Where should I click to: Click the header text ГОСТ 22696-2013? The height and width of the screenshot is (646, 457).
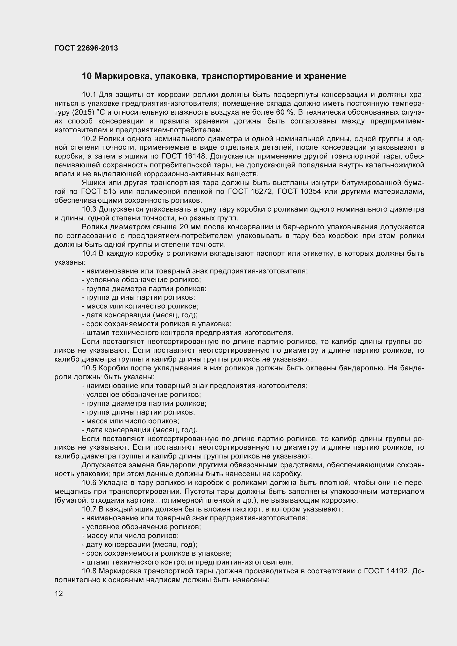coord(86,48)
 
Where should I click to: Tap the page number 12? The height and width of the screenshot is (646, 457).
coord(59,594)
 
